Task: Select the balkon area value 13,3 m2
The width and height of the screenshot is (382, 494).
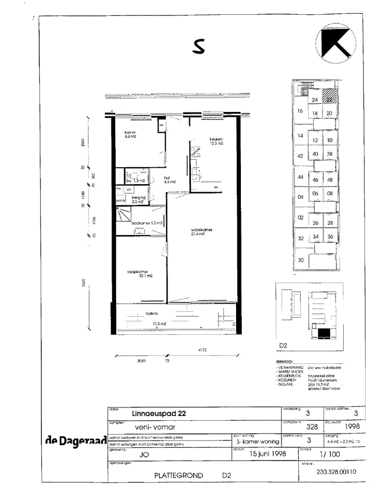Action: coord(159,324)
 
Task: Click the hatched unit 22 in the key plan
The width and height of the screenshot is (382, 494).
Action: coord(329,99)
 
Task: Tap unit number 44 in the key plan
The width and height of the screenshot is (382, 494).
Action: coord(300,177)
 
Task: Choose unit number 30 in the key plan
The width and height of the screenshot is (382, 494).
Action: coord(301,260)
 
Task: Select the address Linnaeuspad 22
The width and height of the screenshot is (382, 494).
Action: coord(159,413)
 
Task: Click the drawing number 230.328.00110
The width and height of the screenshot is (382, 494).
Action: coord(336,471)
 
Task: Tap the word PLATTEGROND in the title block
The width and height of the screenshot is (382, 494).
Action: coord(178,475)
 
